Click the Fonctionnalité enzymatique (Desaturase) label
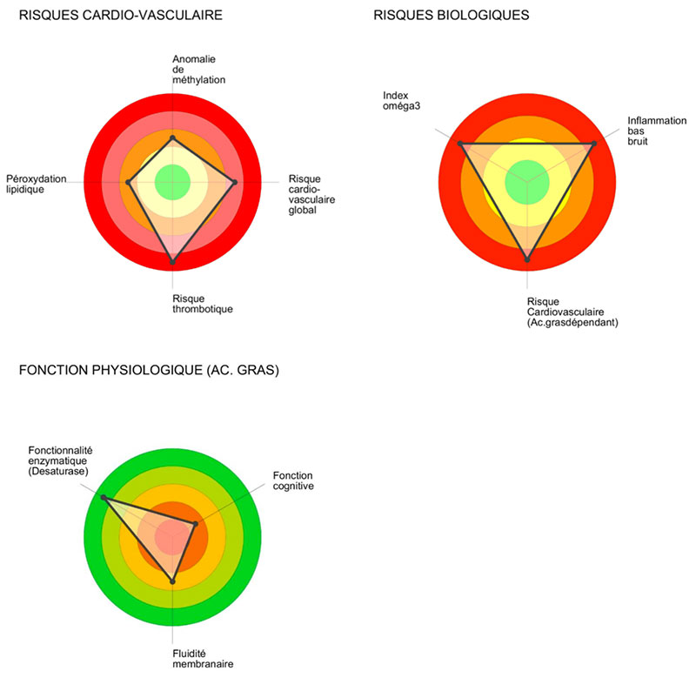61,460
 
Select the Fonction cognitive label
292,480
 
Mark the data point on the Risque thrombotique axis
172,260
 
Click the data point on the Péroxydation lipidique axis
129,182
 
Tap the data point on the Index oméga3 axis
460,144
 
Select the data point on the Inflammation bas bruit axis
594,144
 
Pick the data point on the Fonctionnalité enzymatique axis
103,498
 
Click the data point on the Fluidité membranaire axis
173,581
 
